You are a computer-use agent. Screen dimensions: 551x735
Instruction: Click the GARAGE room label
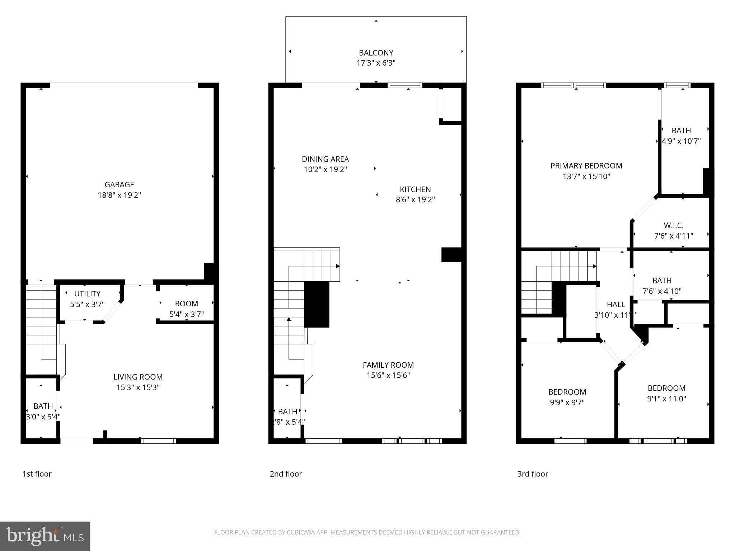point(119,184)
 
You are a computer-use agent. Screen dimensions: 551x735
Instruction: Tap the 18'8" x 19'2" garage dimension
point(119,195)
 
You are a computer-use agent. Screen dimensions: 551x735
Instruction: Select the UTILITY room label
point(87,294)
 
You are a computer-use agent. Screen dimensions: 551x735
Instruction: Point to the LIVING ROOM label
point(138,377)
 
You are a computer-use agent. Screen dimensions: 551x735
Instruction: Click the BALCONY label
point(376,53)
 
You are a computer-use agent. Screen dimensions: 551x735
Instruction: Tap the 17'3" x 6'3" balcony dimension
point(376,63)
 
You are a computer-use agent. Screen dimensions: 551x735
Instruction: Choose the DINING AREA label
point(325,159)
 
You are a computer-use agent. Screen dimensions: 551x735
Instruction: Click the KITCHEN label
point(415,189)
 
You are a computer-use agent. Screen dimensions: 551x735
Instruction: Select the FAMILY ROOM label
point(388,365)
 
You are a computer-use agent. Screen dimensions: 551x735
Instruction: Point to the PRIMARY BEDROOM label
point(586,166)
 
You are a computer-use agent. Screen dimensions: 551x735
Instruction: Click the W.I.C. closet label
point(673,225)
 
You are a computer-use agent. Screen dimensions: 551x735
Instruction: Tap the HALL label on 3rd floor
point(616,305)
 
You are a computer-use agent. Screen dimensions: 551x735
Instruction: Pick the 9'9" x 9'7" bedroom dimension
point(567,402)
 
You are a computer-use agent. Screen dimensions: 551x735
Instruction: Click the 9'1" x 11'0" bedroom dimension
point(666,399)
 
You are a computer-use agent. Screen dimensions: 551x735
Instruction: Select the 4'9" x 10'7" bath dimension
point(681,141)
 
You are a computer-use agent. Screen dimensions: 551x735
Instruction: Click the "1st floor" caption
point(37,474)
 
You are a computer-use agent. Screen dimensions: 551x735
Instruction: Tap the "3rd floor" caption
point(533,474)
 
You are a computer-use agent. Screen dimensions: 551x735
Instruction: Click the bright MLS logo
point(45,536)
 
